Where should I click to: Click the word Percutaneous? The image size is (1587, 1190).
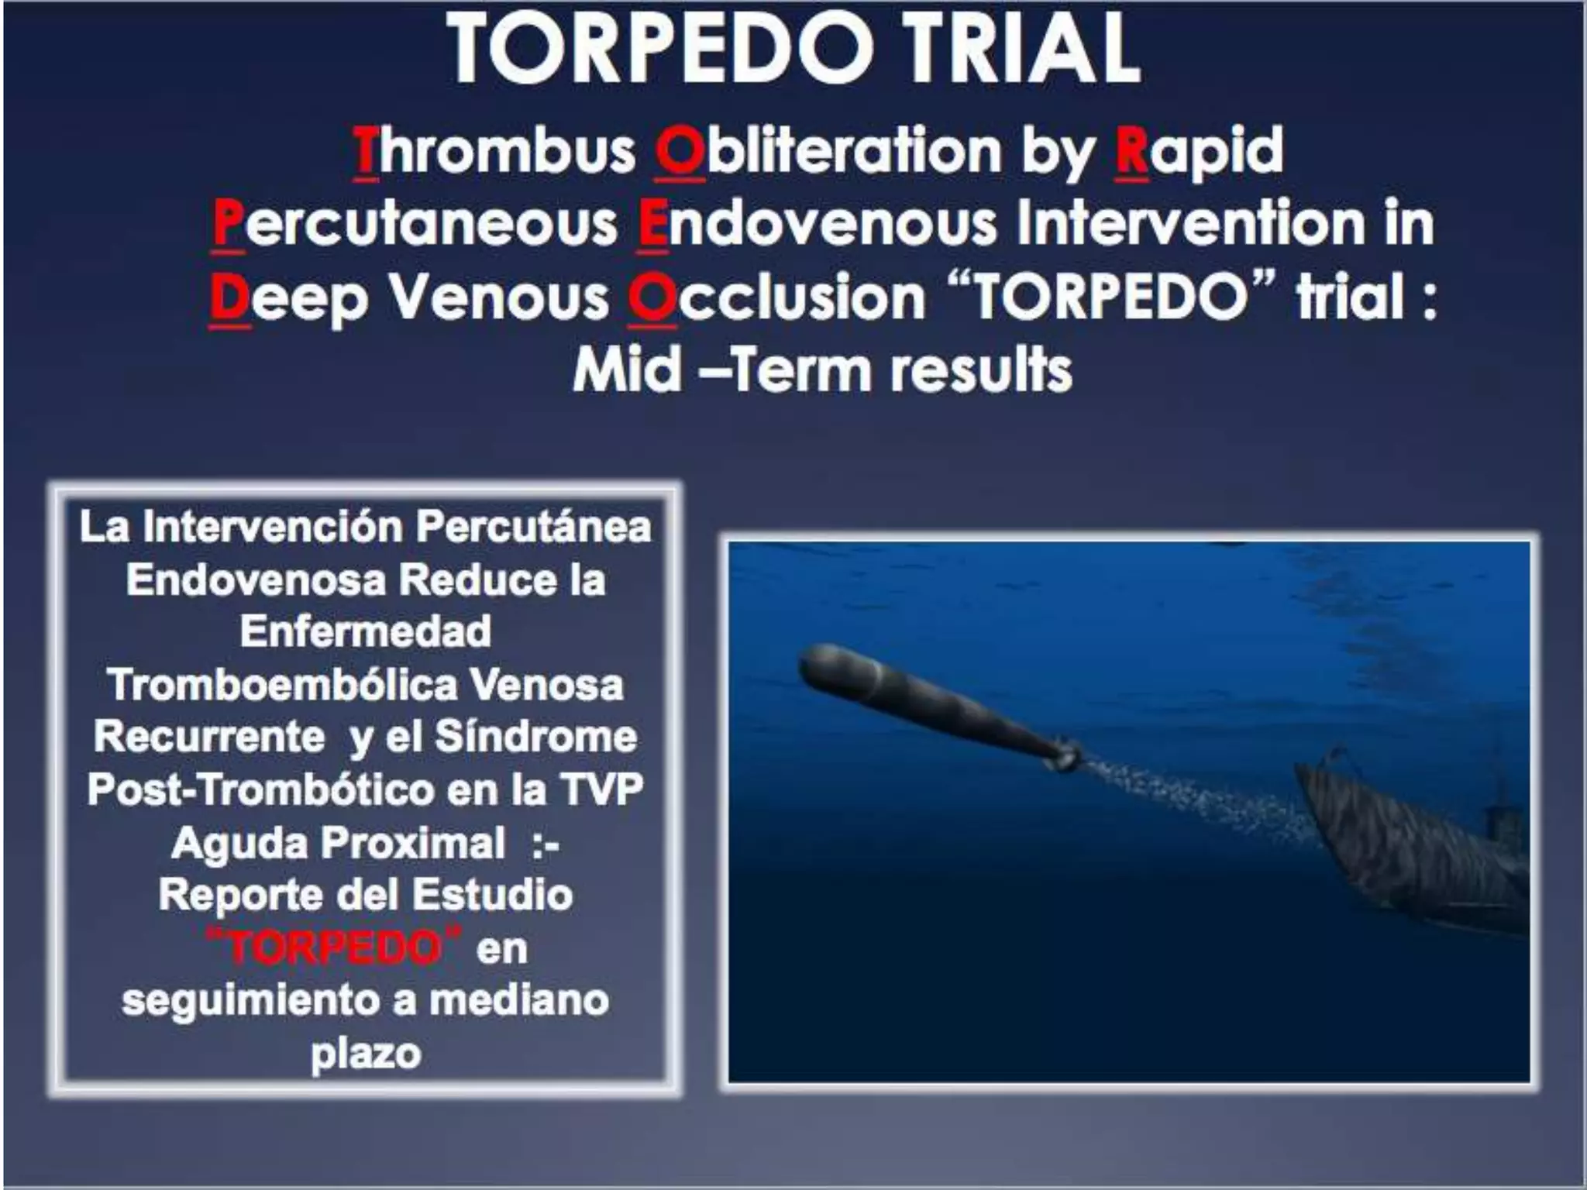tap(415, 225)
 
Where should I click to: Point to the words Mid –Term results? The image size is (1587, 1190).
tap(821, 370)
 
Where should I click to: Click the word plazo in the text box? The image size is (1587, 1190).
tap(366, 1053)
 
